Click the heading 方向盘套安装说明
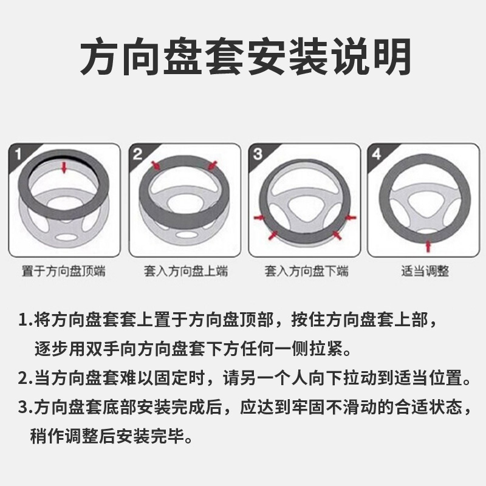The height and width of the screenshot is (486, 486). pos(243,58)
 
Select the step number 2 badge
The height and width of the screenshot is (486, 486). pos(139,154)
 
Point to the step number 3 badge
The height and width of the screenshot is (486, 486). pos(258,154)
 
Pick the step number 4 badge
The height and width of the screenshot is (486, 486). pos(377,154)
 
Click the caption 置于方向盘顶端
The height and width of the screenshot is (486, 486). pos(63,271)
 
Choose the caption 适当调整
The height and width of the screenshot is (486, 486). pos(425,271)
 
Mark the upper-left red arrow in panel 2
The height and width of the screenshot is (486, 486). pos(156,165)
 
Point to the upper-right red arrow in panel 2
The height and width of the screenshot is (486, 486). pos(212,165)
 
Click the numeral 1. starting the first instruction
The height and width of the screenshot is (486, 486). pos(26,319)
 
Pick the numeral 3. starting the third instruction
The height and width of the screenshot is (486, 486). pos(26,407)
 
